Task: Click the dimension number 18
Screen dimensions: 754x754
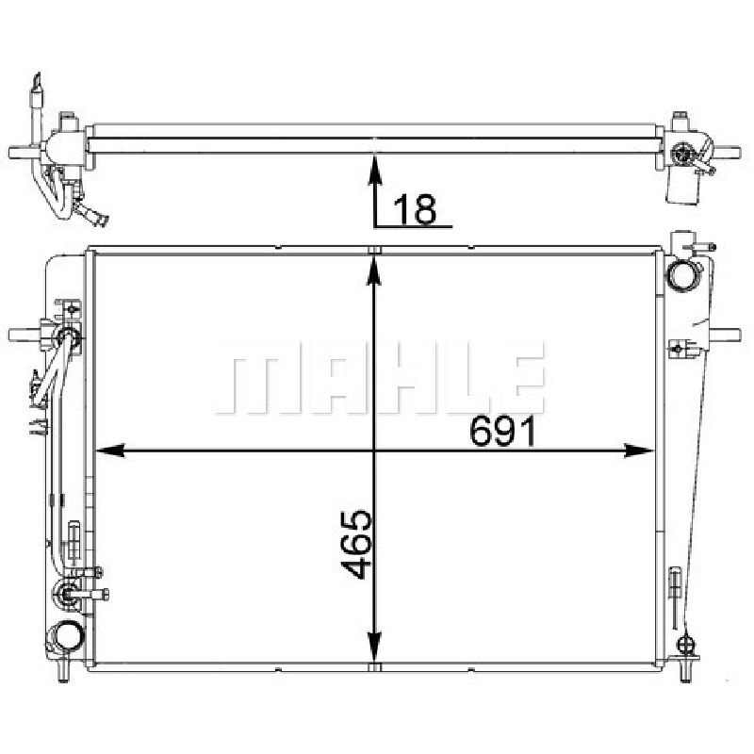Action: (x=415, y=209)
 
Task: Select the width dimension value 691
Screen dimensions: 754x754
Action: (x=502, y=431)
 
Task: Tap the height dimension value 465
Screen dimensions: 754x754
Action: (x=357, y=544)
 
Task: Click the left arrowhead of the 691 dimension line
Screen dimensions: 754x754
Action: (x=110, y=451)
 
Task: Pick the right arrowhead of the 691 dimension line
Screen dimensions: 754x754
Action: (x=639, y=451)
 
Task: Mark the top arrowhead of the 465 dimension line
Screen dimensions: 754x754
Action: (x=374, y=271)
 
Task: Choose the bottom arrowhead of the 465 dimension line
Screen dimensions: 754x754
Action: (x=374, y=647)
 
